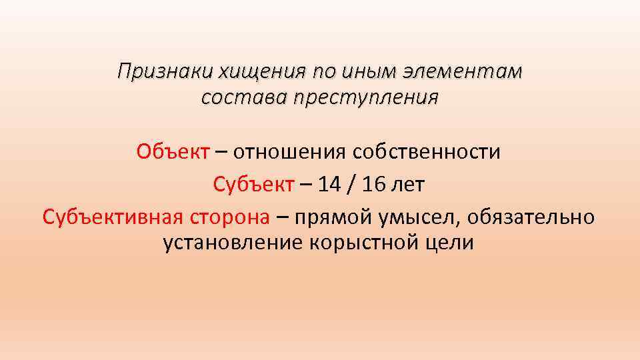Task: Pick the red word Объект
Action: click(x=173, y=152)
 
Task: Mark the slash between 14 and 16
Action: click(x=351, y=184)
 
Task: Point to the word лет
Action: click(x=408, y=184)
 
